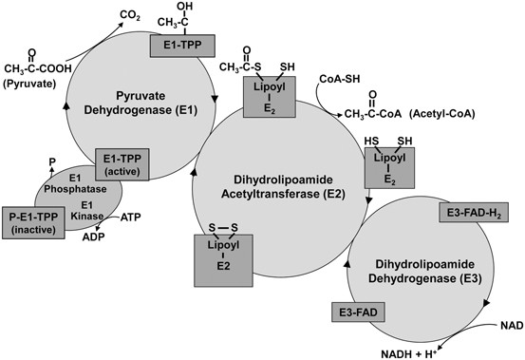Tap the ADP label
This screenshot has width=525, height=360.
pyautogui.click(x=92, y=237)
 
